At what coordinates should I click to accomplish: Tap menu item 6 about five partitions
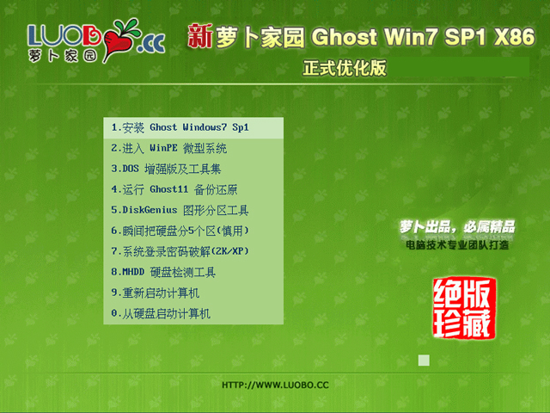pyautogui.click(x=180, y=231)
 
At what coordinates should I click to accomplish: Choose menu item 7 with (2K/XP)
pyautogui.click(x=180, y=251)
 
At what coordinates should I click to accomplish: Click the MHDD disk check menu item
pyautogui.click(x=163, y=272)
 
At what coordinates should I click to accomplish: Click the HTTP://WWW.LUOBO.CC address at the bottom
pyautogui.click(x=275, y=385)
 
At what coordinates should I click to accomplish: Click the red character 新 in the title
pyautogui.click(x=199, y=37)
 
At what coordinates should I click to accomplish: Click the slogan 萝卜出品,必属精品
pyautogui.click(x=456, y=226)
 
